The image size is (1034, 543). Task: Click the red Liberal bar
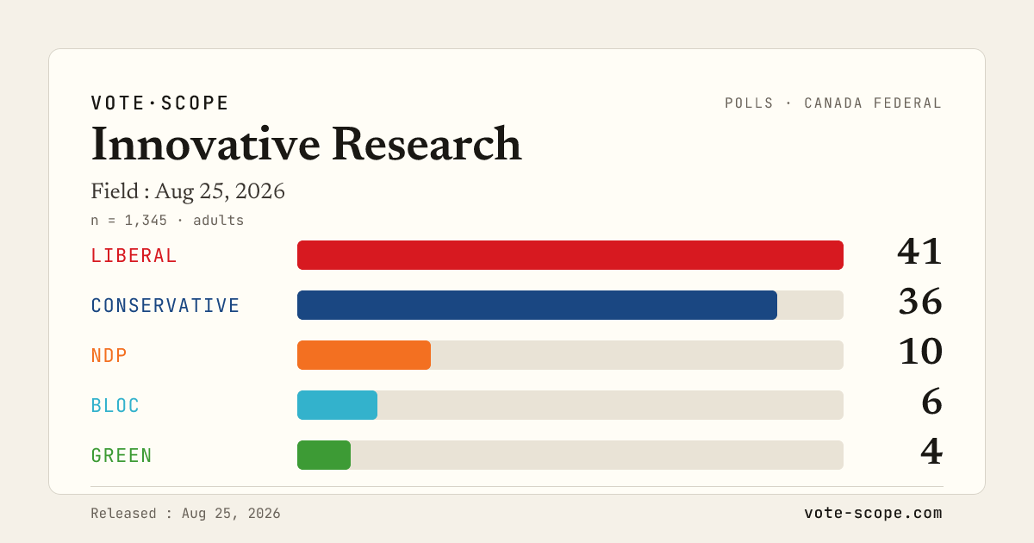click(570, 255)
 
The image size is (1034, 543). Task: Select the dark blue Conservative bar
click(537, 305)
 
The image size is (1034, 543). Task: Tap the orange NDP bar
click(364, 355)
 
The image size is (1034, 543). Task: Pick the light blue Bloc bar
click(337, 405)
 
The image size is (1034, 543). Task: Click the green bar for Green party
click(324, 455)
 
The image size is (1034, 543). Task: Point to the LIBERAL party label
click(134, 255)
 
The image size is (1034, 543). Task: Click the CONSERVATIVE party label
click(165, 305)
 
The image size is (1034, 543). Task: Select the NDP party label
click(109, 355)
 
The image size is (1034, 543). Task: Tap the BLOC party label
click(115, 405)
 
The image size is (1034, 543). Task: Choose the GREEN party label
click(121, 455)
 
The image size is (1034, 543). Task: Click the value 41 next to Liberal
click(919, 252)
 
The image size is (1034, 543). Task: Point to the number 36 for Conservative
click(920, 302)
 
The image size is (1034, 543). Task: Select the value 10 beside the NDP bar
click(921, 352)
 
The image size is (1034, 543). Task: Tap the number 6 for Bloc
click(932, 402)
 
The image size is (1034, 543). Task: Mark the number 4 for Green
click(931, 451)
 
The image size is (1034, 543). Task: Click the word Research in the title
click(427, 144)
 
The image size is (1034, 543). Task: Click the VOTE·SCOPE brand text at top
click(159, 103)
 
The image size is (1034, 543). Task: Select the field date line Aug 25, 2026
click(220, 191)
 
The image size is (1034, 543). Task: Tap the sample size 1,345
click(146, 221)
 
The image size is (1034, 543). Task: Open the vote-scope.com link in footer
click(873, 513)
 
